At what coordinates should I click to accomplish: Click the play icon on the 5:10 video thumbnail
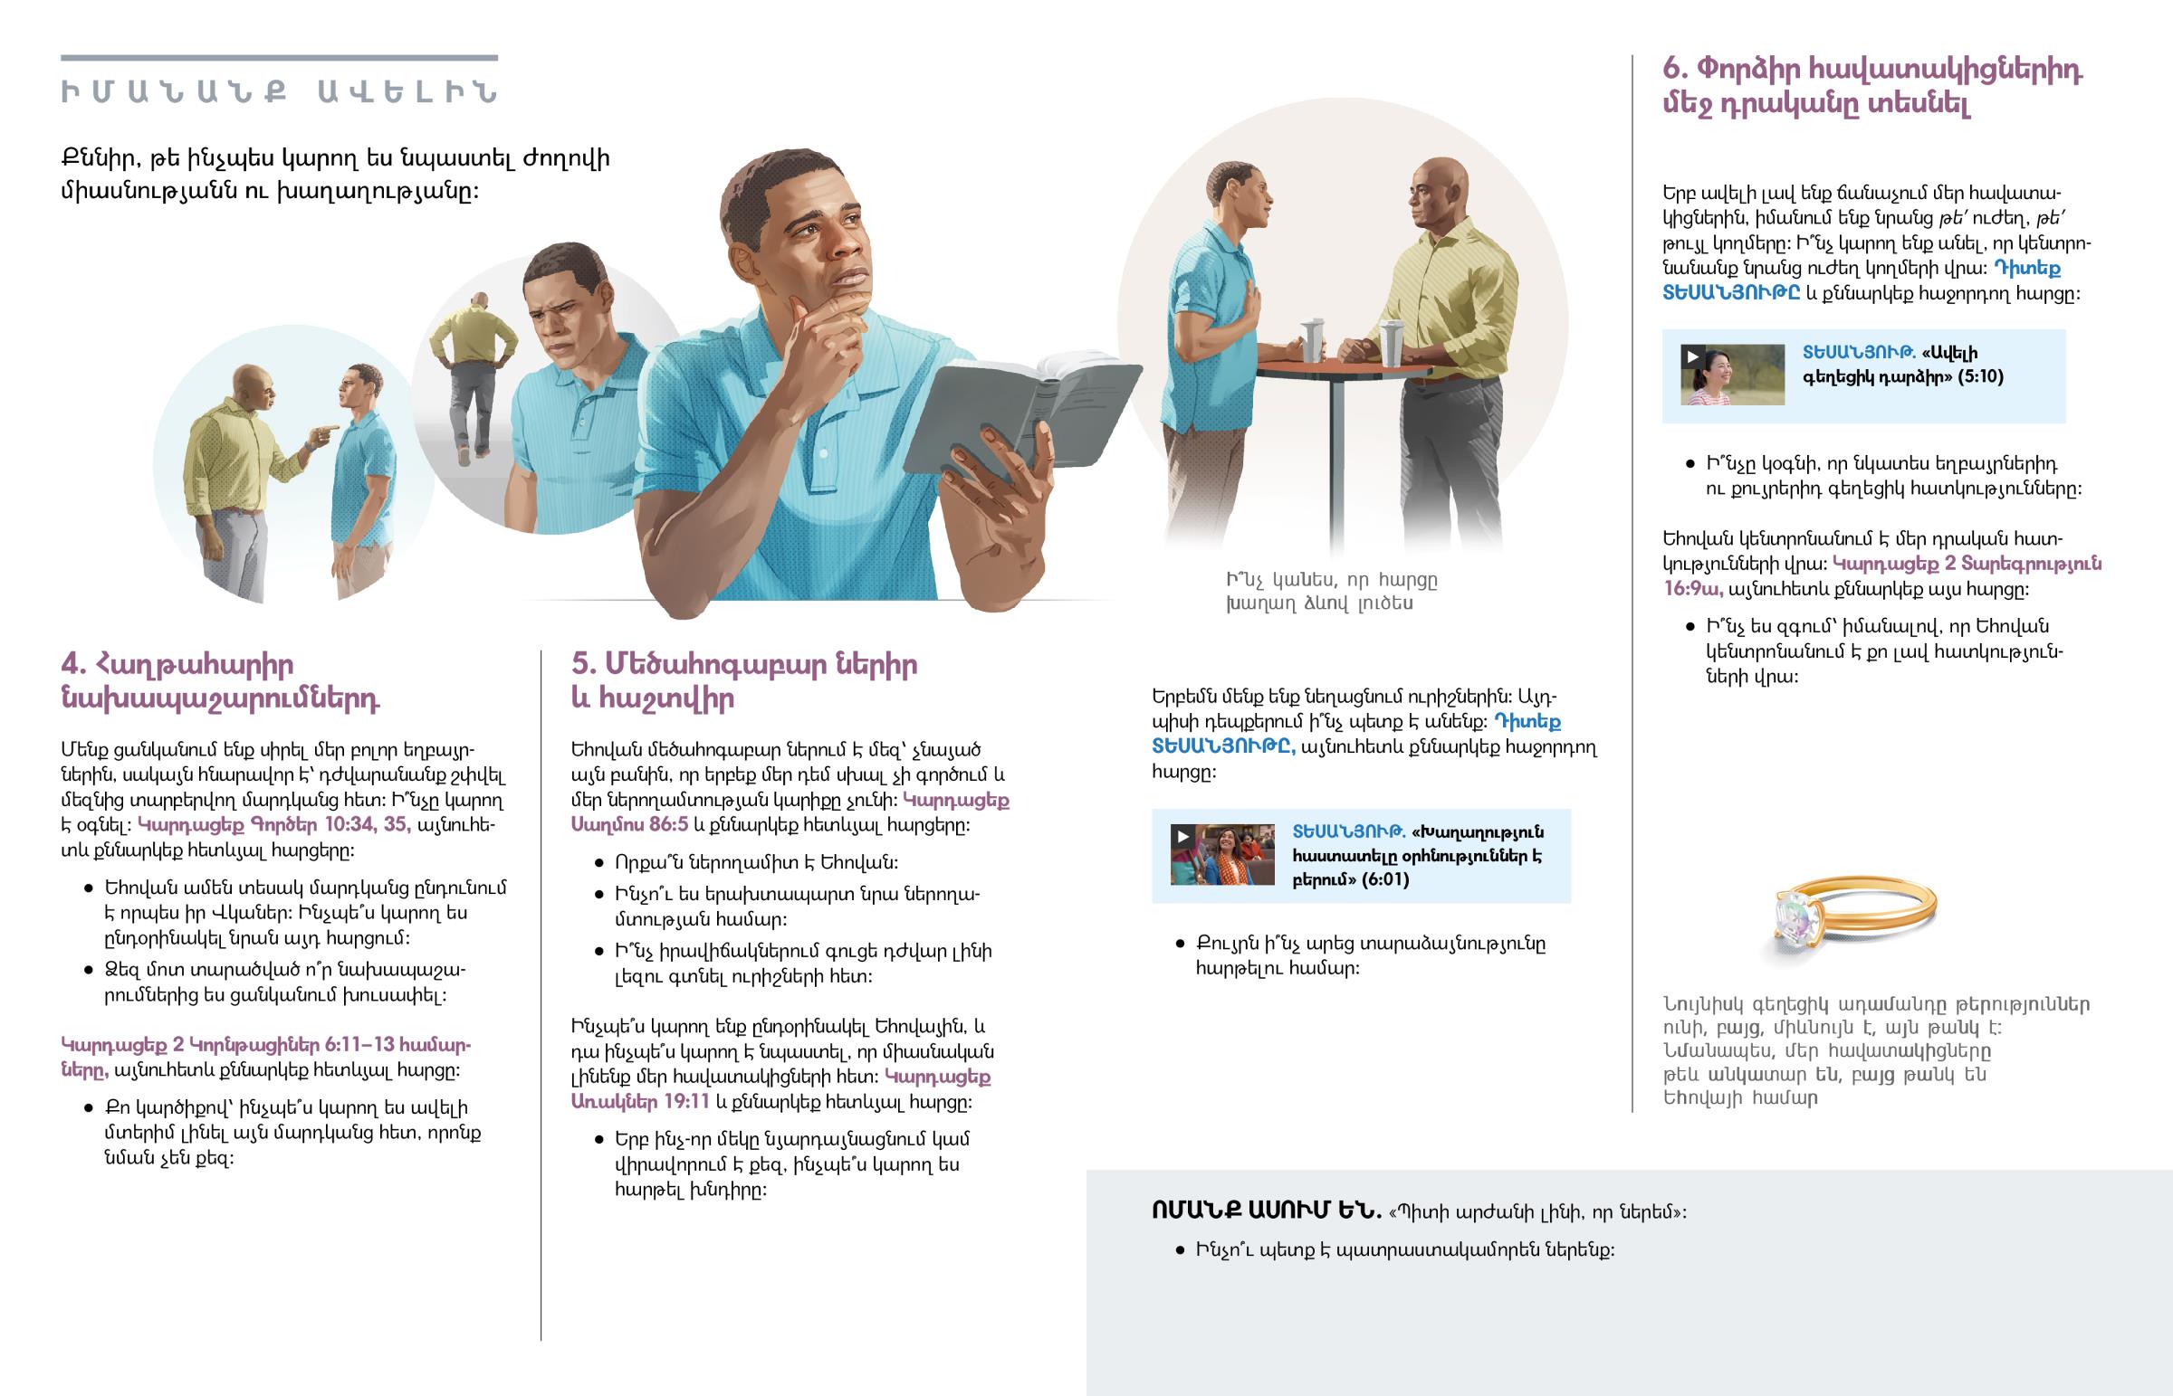pos(1692,356)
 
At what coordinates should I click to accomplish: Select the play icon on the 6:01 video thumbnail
pos(1182,836)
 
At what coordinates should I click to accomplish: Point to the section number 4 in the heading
pos(73,663)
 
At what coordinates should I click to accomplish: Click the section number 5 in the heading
pos(583,663)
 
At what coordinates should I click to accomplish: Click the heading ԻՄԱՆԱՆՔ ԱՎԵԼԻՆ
pos(280,92)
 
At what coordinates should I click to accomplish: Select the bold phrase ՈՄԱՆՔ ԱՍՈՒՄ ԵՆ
pos(1266,1211)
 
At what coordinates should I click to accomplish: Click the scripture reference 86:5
pos(668,825)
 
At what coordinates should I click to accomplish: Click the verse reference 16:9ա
pos(1692,588)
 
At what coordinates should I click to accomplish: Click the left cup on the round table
pos(1312,339)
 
